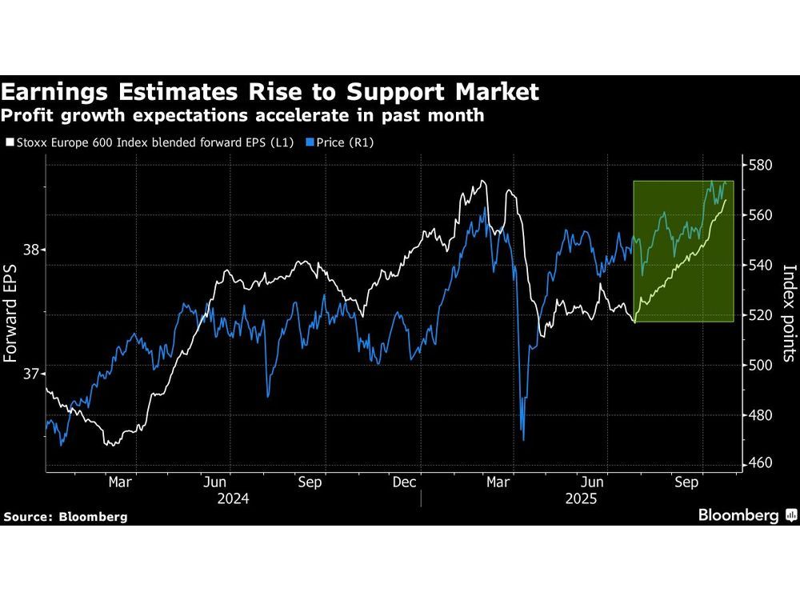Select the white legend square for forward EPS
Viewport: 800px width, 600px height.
coord(9,142)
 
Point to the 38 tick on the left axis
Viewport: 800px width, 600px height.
coord(32,250)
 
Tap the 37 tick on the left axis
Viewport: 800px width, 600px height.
coord(32,374)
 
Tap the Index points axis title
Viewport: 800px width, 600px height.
coord(787,313)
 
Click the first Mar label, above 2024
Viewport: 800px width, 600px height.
coord(119,482)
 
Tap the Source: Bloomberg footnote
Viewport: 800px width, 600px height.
coord(65,517)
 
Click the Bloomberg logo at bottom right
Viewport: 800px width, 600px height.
coord(747,515)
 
